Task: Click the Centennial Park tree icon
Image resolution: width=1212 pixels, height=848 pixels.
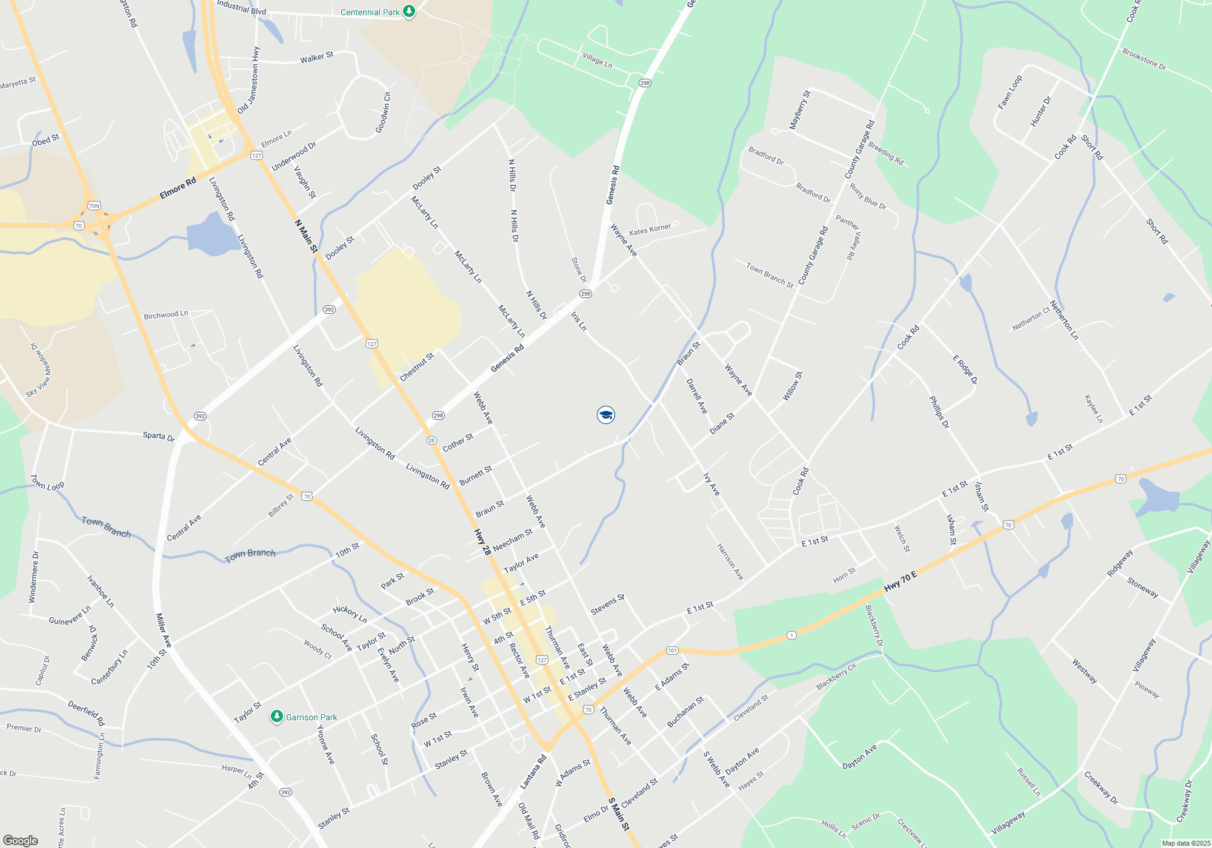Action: click(409, 12)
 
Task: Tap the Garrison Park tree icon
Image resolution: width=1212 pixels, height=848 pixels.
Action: click(277, 717)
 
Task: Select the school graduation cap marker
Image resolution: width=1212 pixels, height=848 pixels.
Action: click(606, 415)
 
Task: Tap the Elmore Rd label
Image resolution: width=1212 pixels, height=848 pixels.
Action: click(178, 188)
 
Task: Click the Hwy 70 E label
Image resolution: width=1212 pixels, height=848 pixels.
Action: click(901, 582)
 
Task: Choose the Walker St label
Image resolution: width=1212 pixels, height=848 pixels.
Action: click(316, 58)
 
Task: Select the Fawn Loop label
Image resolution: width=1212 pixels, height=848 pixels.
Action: click(1010, 92)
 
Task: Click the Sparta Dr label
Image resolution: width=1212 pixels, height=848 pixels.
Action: click(159, 436)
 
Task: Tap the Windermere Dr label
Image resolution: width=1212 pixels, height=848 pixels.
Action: click(34, 577)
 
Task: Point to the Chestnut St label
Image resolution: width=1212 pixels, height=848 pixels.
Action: click(417, 367)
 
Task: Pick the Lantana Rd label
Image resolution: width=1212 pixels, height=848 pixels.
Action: click(533, 771)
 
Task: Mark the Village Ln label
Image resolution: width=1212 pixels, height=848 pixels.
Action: click(597, 61)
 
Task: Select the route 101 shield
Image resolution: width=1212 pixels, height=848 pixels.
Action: click(672, 651)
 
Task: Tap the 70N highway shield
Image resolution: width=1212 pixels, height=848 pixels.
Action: click(93, 206)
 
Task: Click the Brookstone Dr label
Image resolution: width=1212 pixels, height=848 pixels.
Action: click(1144, 59)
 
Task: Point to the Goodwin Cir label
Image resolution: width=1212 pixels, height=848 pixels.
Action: click(383, 113)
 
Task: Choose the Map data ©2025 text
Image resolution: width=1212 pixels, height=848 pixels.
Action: click(1186, 843)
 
